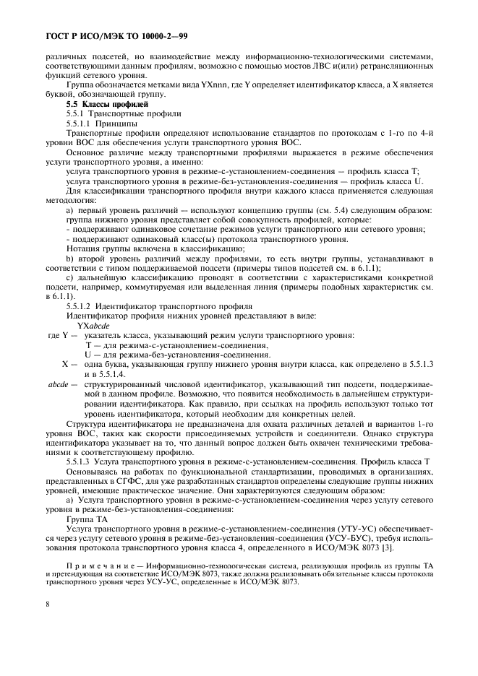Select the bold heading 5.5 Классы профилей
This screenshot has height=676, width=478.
point(97,105)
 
